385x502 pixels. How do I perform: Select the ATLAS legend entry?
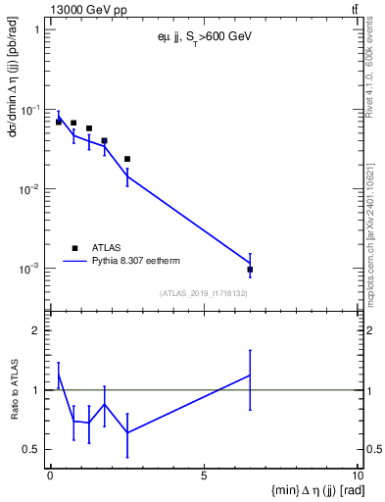108,248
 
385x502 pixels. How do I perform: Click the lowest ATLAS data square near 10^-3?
251,270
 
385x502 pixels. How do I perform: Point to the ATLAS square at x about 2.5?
127,159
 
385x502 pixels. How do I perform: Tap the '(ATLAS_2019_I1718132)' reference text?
204,293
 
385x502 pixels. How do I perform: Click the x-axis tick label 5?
203,476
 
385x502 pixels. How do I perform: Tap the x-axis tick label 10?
355,476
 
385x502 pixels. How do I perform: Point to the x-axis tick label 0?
50,476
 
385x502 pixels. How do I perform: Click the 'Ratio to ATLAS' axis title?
14,389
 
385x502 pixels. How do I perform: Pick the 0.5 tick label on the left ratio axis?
31,450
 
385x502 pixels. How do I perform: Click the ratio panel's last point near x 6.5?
251,375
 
